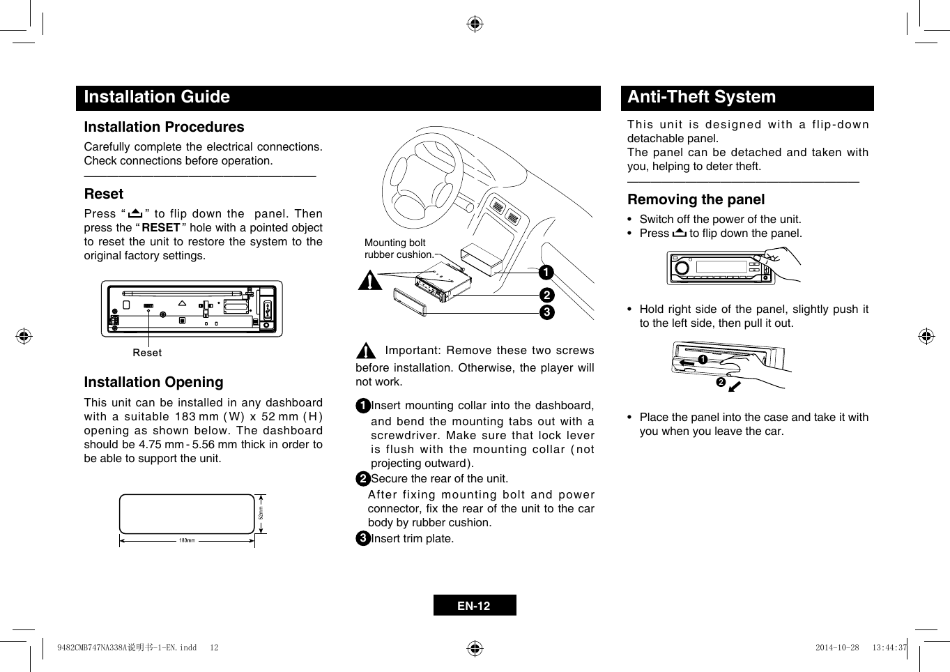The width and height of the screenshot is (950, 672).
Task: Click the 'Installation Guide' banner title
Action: (157, 97)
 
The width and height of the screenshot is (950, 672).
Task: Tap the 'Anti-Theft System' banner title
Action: (701, 97)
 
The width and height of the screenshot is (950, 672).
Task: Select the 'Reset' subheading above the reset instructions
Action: (103, 194)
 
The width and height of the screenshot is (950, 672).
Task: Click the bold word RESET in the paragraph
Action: (161, 228)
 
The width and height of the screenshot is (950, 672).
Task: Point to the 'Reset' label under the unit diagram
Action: (147, 353)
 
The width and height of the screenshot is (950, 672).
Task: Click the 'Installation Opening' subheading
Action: (153, 382)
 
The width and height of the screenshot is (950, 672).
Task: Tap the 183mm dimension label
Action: (187, 540)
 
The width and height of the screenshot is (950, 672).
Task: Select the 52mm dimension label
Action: (261, 514)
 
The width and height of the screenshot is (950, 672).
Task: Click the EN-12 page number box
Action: (474, 606)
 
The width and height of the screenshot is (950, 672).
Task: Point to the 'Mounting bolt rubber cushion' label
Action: (398, 249)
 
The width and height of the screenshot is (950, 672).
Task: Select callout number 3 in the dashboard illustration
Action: (546, 312)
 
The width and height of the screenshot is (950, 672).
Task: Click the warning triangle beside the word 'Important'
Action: (365, 351)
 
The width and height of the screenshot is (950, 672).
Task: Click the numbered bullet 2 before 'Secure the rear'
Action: (362, 479)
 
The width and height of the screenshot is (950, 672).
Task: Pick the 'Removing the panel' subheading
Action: (696, 199)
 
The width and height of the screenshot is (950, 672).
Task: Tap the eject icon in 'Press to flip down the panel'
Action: (679, 233)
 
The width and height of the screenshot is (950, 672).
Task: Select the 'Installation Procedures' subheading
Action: (164, 127)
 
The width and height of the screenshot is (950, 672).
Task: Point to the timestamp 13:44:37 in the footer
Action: (889, 648)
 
